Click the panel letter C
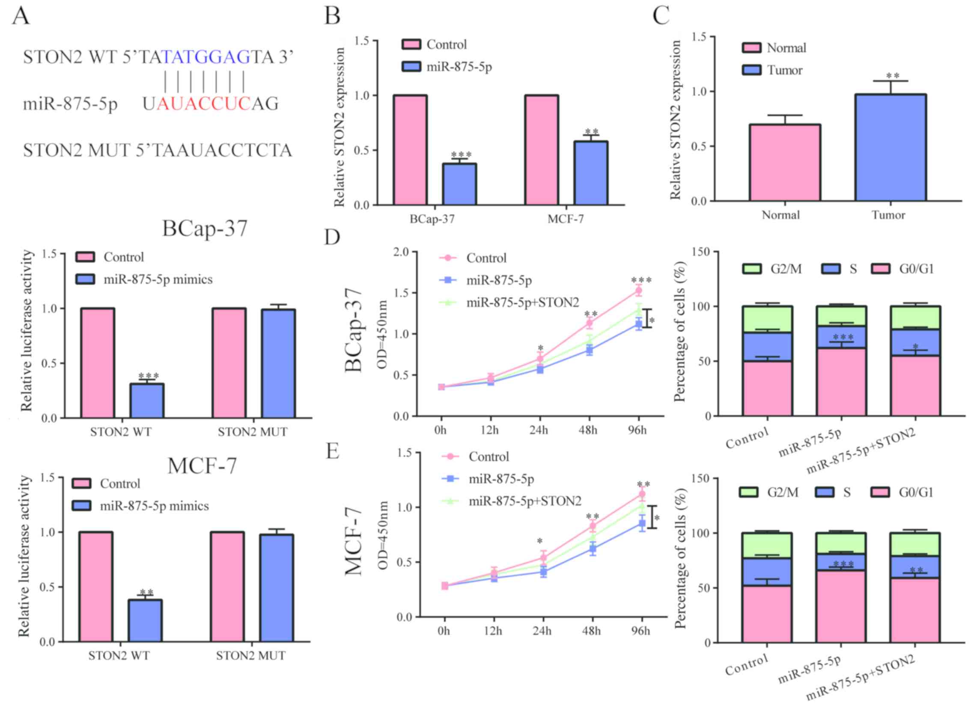661,16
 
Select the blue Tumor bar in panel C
891,148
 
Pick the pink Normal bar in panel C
784,163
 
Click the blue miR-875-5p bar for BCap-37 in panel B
459,184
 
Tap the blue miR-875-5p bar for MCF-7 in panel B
591,173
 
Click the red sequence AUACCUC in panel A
203,104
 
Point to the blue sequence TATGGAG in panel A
206,57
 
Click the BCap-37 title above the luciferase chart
205,229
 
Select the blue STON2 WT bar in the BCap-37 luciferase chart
146,401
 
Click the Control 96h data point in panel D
638,291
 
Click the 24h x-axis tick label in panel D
539,430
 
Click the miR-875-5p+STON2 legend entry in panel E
524,501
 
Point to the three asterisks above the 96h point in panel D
641,281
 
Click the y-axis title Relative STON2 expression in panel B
340,127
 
